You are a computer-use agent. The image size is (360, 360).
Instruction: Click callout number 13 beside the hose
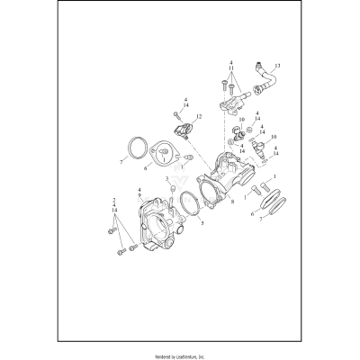point(277,66)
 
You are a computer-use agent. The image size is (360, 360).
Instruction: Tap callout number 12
point(198,117)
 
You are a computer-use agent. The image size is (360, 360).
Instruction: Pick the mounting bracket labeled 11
point(236,106)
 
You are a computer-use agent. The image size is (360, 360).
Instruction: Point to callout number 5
point(201,221)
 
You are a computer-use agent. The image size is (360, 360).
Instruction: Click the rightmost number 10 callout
point(274,137)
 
